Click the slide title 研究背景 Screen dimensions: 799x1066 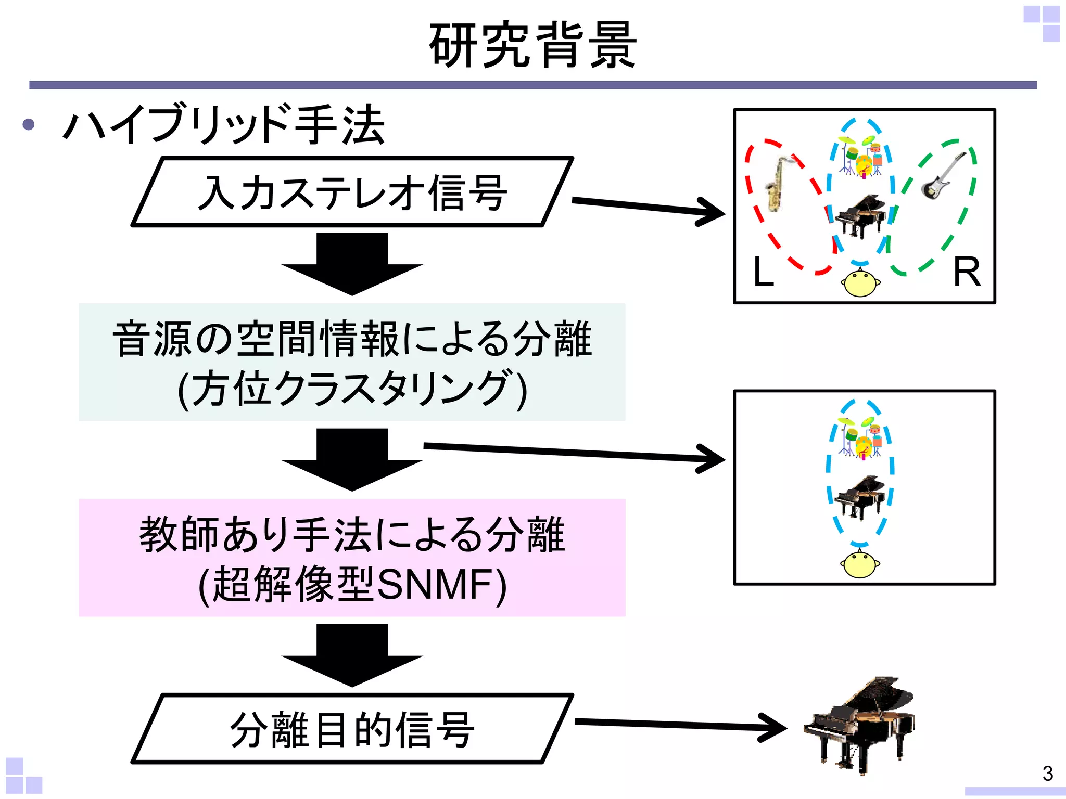(532, 45)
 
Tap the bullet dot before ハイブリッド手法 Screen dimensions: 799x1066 (29, 124)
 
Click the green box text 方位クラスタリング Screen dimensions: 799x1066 (352, 389)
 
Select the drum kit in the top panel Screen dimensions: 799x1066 (860, 156)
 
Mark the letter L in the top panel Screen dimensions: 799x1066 (764, 272)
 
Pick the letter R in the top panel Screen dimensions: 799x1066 (967, 272)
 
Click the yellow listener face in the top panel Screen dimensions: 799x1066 (860, 283)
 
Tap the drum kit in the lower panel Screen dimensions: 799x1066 (860, 437)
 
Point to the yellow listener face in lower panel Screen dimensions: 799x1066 (860, 564)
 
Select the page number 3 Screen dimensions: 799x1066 (1048, 774)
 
